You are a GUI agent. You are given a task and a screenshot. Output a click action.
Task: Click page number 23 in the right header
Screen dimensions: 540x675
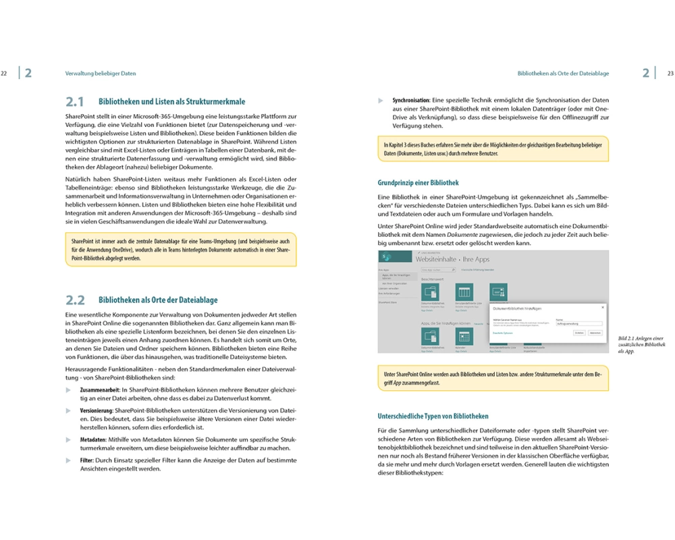670,73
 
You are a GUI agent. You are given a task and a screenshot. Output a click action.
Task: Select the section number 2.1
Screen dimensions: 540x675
74,102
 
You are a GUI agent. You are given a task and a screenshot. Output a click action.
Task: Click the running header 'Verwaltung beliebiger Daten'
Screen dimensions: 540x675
101,73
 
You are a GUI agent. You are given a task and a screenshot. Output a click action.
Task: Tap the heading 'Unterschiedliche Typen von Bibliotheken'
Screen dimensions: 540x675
433,416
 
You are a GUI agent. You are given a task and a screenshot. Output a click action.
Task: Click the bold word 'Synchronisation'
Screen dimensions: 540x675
412,101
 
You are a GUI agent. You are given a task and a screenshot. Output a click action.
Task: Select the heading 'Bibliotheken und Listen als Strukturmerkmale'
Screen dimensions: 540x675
171,102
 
